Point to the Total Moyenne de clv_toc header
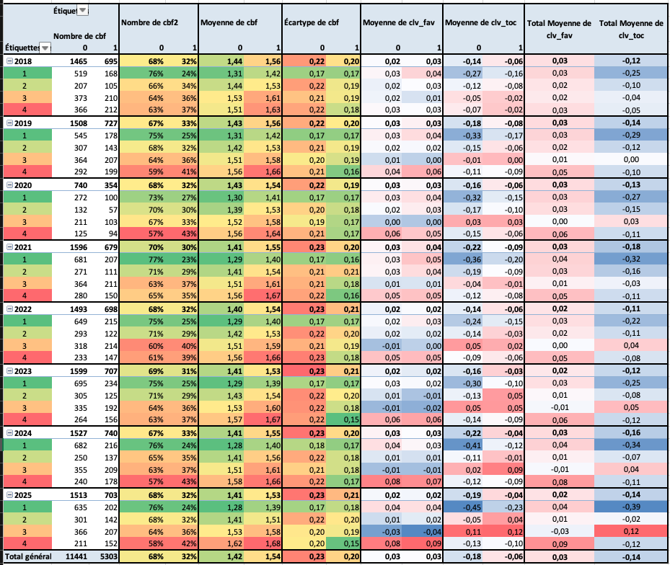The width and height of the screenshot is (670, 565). pyautogui.click(x=630, y=28)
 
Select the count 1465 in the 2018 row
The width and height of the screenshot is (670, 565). pyautogui.click(x=76, y=61)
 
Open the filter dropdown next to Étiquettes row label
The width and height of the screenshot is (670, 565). pyautogui.click(x=45, y=48)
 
